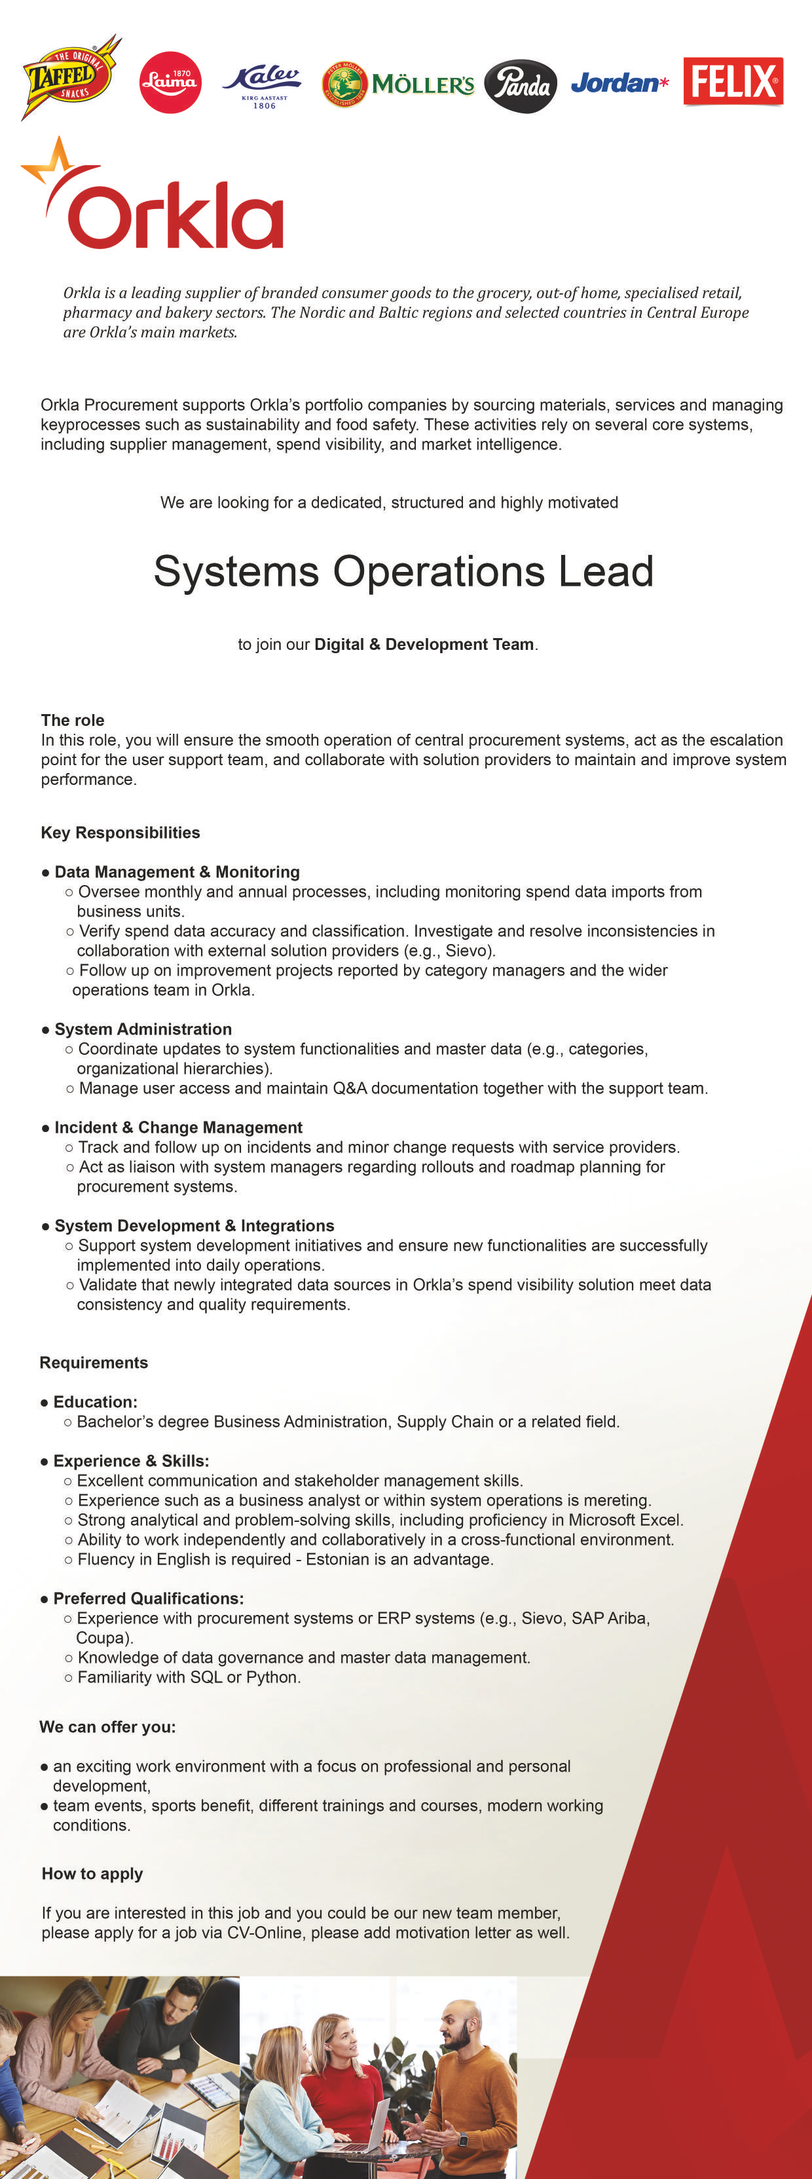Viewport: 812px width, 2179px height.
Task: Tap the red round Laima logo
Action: (x=170, y=82)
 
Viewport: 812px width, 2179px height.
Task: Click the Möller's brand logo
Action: (x=398, y=85)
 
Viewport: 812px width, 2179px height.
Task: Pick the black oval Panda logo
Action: (x=520, y=85)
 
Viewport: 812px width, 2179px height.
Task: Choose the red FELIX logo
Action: (x=733, y=81)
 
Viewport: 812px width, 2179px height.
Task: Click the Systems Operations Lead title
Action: (x=403, y=571)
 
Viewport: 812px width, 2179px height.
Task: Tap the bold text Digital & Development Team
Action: (x=424, y=645)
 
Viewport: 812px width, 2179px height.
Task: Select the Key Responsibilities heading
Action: (x=120, y=832)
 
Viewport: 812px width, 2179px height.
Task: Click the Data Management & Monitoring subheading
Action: (x=177, y=872)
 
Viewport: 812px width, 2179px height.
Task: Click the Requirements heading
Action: (x=94, y=1363)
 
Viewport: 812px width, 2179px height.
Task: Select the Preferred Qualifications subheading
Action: (x=148, y=1599)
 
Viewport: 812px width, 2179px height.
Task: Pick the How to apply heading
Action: (x=92, y=1874)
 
